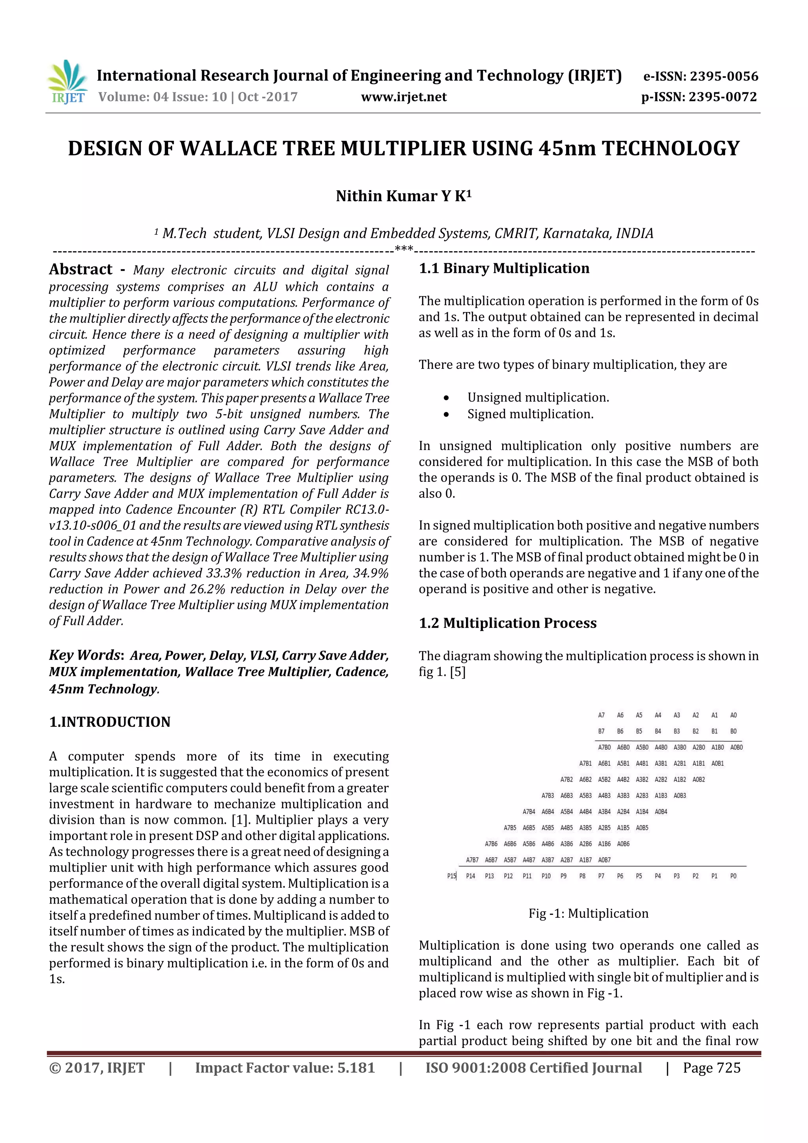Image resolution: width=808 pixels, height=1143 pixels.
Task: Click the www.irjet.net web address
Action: (x=404, y=97)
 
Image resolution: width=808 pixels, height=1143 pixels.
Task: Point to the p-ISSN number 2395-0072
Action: (x=722, y=97)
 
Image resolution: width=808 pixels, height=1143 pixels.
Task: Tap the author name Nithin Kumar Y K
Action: (x=403, y=196)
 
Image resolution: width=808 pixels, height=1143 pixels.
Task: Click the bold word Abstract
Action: (x=80, y=269)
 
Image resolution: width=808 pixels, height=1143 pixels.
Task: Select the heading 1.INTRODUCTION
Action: (x=110, y=722)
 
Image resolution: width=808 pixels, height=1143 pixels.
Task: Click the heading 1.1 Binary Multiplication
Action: (x=504, y=268)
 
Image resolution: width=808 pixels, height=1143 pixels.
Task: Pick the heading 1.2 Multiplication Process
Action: (x=507, y=623)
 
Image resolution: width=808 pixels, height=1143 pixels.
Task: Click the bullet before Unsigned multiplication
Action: (x=446, y=398)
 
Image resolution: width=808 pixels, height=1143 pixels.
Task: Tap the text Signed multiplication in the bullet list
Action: (x=530, y=414)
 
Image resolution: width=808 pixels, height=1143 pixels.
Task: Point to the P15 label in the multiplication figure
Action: (x=451, y=876)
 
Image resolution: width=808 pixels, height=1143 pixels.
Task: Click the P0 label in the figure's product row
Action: (x=733, y=876)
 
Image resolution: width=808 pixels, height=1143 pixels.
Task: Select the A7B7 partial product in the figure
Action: (x=472, y=860)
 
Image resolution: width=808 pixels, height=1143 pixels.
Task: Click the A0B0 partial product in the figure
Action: (x=736, y=747)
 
